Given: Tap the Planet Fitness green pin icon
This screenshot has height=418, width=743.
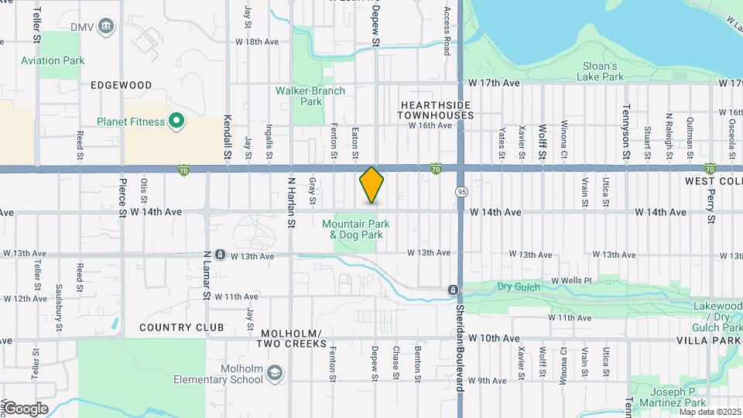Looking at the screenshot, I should (x=176, y=121).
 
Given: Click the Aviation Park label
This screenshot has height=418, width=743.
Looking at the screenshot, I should (x=53, y=60).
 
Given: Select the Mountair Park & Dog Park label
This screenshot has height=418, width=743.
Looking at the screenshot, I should (x=355, y=229).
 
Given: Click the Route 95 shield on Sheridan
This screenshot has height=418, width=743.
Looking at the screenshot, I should (x=461, y=190).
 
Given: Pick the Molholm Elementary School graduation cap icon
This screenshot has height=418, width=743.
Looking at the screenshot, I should (x=274, y=375).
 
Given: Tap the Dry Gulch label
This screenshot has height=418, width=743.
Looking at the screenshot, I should (x=515, y=286).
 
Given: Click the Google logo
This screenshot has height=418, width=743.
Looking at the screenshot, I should (x=26, y=409).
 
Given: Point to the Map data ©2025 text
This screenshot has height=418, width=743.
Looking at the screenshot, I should (x=709, y=411).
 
